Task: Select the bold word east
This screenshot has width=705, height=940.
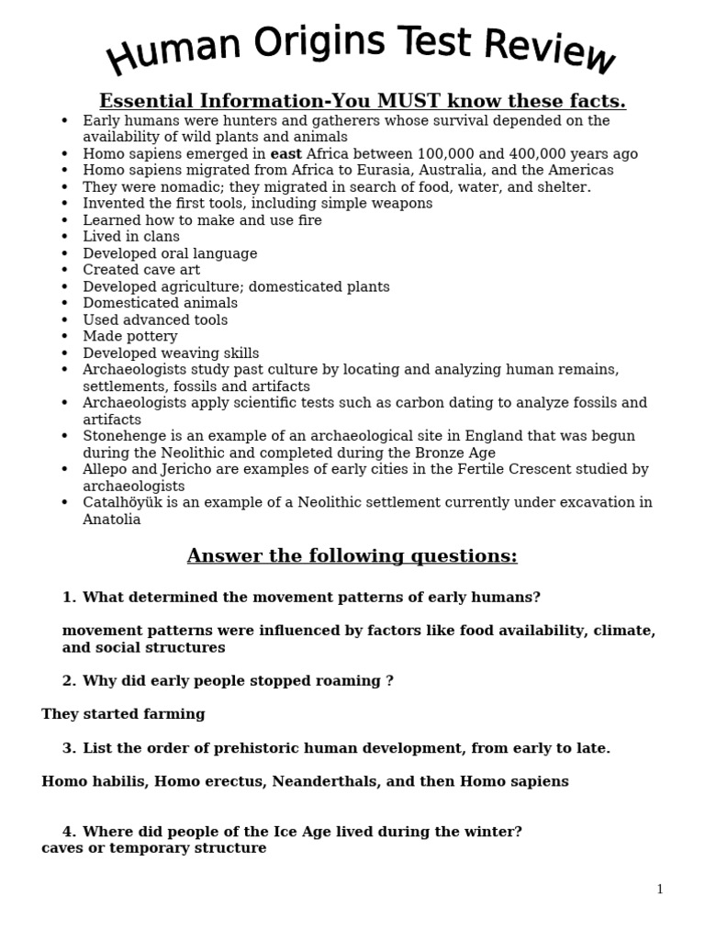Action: click(x=285, y=154)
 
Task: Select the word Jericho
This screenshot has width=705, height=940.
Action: click(x=190, y=469)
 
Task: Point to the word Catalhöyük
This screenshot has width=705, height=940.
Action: click(x=122, y=502)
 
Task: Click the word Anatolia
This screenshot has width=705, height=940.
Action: click(x=111, y=520)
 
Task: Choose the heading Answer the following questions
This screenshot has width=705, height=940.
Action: click(x=352, y=556)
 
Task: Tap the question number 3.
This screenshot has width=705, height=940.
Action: click(x=68, y=748)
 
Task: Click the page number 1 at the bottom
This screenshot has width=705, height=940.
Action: click(x=659, y=890)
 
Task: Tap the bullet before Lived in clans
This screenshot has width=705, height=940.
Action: click(x=64, y=237)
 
